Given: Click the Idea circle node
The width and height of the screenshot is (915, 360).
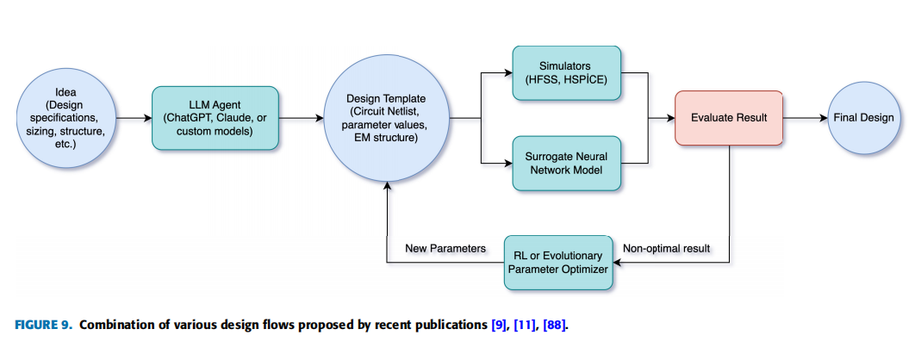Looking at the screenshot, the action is click(66, 118).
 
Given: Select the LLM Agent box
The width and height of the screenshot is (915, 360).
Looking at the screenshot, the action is click(215, 118).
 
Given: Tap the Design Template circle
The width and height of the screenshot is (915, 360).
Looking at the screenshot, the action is click(386, 118).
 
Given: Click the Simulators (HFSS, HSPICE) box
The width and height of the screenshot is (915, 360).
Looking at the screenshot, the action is click(566, 73).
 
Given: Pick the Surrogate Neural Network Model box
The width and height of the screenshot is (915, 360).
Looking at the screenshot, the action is click(566, 164).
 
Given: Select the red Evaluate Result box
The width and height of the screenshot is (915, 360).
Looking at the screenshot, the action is click(729, 118).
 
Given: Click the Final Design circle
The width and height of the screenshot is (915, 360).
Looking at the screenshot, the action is click(863, 118).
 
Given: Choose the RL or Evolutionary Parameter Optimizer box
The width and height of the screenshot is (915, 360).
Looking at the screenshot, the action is click(558, 263).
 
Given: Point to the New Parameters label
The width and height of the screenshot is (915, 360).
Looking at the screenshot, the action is click(445, 249).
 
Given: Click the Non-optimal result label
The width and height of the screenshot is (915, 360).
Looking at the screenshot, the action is click(666, 249).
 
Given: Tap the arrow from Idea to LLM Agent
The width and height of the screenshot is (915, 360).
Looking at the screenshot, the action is click(134, 119).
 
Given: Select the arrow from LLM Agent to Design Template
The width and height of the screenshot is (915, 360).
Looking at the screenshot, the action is click(301, 119).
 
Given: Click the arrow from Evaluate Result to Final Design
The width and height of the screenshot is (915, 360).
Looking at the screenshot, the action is click(806, 119).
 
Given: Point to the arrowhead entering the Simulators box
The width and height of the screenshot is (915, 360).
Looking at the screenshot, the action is click(508, 73).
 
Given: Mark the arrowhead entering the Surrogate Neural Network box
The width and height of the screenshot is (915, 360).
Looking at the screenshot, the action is click(508, 164).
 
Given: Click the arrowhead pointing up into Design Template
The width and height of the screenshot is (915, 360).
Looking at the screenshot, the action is click(386, 185).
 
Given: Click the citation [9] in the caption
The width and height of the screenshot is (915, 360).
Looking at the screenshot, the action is click(498, 325).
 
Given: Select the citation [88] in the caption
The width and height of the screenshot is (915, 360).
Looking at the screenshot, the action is click(554, 325).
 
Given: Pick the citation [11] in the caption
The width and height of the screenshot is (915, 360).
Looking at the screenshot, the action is click(525, 325).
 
